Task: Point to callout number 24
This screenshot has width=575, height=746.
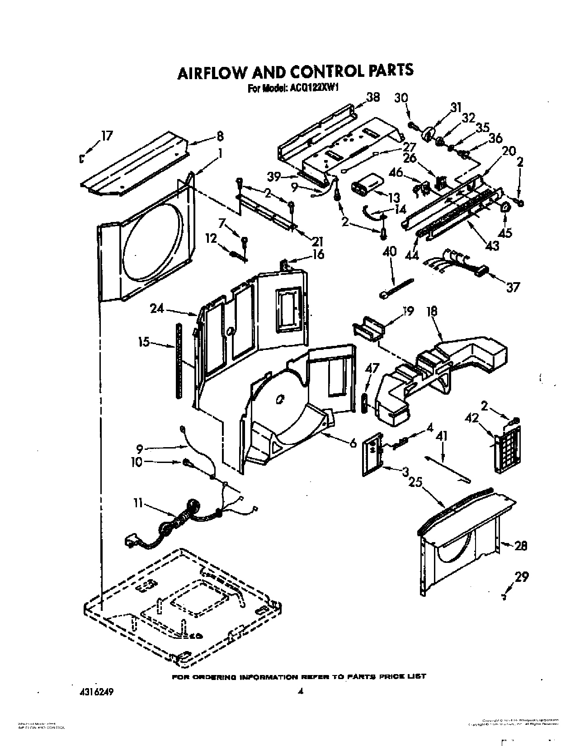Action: point(157,309)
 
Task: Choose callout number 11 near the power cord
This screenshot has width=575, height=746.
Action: point(138,503)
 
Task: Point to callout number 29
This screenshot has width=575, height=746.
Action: point(521,577)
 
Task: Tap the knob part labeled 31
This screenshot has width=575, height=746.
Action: point(427,134)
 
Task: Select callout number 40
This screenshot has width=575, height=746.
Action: point(389,251)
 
